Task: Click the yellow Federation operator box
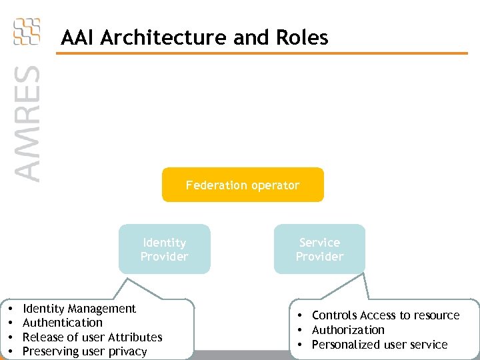pyautogui.click(x=243, y=185)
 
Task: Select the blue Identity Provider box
pyautogui.click(x=164, y=249)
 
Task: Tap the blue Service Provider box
pyautogui.click(x=319, y=249)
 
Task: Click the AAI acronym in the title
pyautogui.click(x=76, y=37)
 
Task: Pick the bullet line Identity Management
pyautogui.click(x=79, y=309)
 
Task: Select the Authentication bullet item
pyautogui.click(x=63, y=323)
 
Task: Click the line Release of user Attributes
pyautogui.click(x=93, y=337)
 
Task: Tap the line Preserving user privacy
pyautogui.click(x=85, y=351)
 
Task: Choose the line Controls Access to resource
pyautogui.click(x=385, y=315)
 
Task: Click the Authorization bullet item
pyautogui.click(x=348, y=330)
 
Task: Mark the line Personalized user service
pyautogui.click(x=379, y=345)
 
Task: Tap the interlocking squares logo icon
pyautogui.click(x=27, y=31)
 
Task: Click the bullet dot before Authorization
pyautogui.click(x=301, y=330)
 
